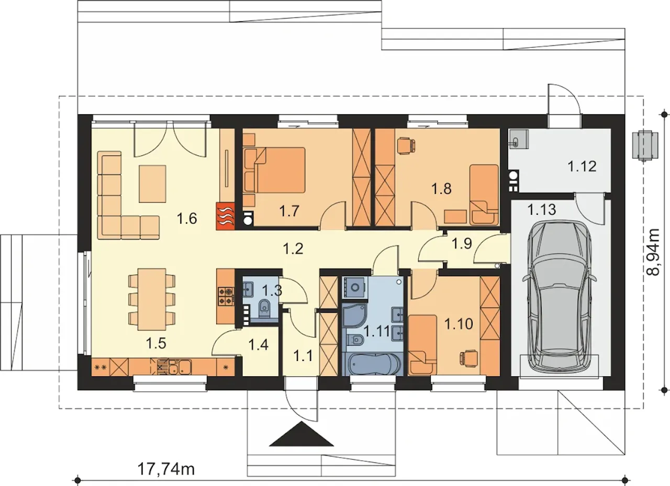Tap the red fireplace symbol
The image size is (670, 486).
point(226,216)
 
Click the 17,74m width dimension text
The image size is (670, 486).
point(166,470)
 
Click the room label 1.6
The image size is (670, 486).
point(187,218)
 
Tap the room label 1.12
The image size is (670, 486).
point(582,166)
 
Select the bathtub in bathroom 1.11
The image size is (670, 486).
point(372,364)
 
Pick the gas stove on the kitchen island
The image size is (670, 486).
point(226,296)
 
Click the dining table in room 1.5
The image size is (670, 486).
point(152,299)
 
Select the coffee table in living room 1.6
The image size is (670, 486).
point(152,184)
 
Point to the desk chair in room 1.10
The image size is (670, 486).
point(469,358)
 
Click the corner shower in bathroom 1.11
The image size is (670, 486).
point(354,317)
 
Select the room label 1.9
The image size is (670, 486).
point(462,244)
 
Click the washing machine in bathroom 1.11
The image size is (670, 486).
point(355,287)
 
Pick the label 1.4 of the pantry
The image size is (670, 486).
point(259,345)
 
